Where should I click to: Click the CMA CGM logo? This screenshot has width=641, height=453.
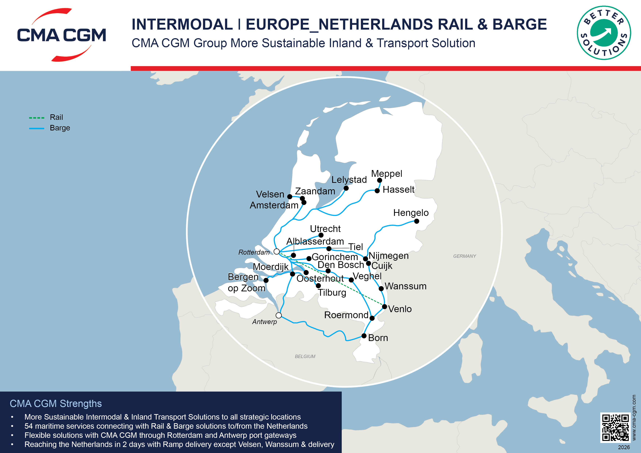(61, 35)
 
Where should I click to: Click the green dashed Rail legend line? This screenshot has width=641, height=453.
(37, 118)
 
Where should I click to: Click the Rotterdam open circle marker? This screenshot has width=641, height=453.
(277, 252)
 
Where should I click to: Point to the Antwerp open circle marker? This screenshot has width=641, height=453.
(279, 315)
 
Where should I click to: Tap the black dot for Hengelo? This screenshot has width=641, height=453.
(417, 221)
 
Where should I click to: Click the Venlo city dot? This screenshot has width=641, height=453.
(384, 307)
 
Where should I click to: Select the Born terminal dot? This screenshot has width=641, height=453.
(364, 336)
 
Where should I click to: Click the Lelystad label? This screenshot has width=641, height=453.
(349, 180)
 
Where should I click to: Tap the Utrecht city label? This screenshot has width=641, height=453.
(325, 229)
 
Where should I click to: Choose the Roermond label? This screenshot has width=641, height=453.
(346, 315)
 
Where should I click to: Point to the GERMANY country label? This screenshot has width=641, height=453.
(464, 256)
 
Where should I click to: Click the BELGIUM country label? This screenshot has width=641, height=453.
(305, 356)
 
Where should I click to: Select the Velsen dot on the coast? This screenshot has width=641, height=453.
(290, 197)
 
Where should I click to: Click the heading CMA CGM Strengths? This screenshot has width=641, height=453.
(56, 404)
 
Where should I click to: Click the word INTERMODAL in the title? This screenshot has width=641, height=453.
(182, 24)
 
